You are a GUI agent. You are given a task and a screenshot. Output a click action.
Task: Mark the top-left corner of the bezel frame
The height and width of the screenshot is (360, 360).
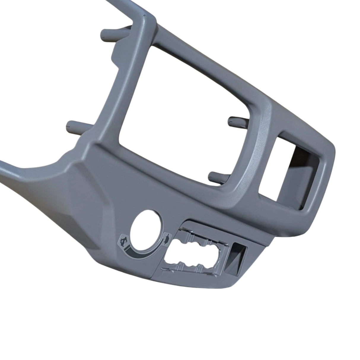[x=145, y=22]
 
